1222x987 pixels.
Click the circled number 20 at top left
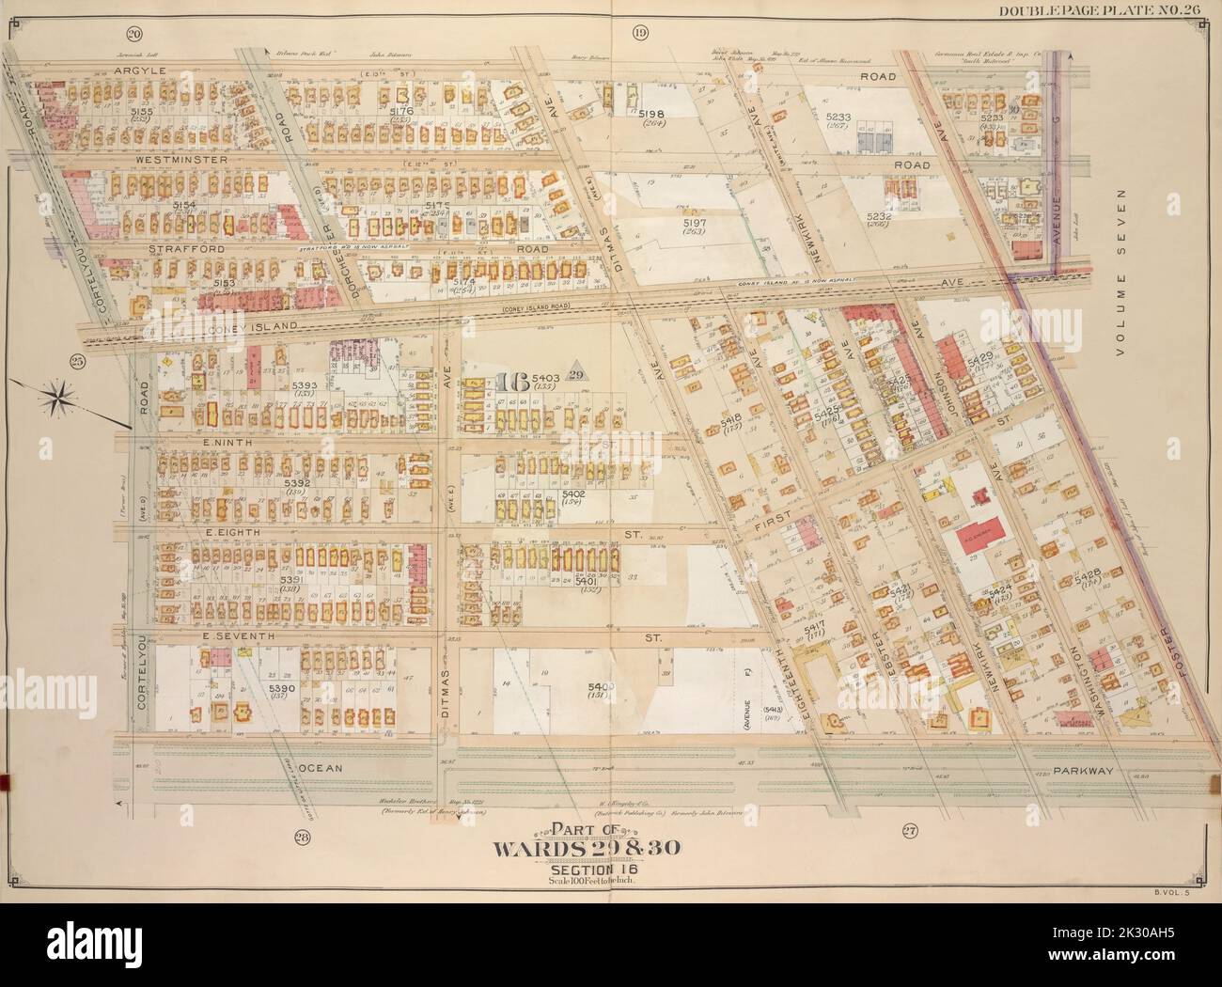(x=134, y=35)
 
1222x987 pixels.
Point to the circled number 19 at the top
(x=640, y=35)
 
